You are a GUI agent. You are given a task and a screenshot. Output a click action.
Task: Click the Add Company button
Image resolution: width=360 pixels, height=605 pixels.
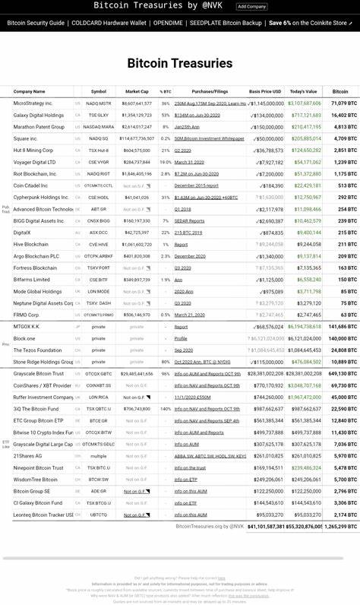click(251, 6)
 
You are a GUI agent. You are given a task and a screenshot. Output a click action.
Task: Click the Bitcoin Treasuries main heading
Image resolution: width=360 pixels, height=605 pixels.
click(180, 63)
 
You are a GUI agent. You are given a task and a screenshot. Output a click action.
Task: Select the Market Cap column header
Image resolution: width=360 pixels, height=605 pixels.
click(137, 91)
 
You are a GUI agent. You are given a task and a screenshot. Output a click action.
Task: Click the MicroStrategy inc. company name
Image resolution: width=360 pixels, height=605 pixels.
click(33, 103)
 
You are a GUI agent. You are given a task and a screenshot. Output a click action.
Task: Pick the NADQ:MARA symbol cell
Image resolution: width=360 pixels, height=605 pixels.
click(99, 127)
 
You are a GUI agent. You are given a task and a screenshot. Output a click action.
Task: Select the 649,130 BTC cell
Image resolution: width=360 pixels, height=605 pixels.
click(343, 374)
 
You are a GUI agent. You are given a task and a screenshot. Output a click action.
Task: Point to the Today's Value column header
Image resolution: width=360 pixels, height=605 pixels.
click(303, 91)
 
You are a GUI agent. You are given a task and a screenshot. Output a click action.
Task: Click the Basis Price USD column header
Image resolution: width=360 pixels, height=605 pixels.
click(265, 91)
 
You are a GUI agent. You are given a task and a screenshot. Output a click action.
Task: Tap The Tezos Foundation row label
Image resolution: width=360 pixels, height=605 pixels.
click(37, 350)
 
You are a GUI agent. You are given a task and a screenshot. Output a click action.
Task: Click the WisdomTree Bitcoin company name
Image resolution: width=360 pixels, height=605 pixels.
click(35, 480)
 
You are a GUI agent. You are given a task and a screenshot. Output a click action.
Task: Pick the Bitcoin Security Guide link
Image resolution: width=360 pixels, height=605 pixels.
click(36, 24)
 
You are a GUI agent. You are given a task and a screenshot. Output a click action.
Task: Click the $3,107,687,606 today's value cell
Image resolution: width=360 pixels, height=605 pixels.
click(305, 103)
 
